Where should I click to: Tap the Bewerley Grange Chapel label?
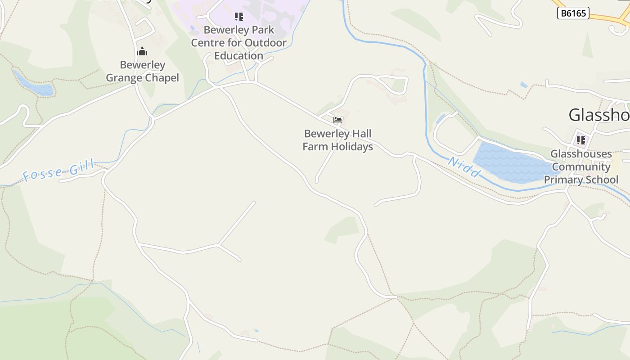tap(142, 72)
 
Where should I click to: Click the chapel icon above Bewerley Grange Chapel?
tap(142, 51)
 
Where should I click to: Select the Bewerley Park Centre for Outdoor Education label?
tap(238, 43)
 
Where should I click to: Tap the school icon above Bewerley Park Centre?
tap(238, 17)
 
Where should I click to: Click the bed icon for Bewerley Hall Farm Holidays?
tap(337, 120)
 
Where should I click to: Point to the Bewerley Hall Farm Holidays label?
tap(337, 140)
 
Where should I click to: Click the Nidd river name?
tap(464, 167)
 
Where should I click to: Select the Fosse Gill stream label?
tap(58, 171)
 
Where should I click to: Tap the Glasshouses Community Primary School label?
tap(581, 167)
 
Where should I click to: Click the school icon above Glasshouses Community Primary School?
tap(581, 140)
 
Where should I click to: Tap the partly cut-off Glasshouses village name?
tap(599, 115)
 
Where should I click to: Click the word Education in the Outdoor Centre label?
tap(238, 56)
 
